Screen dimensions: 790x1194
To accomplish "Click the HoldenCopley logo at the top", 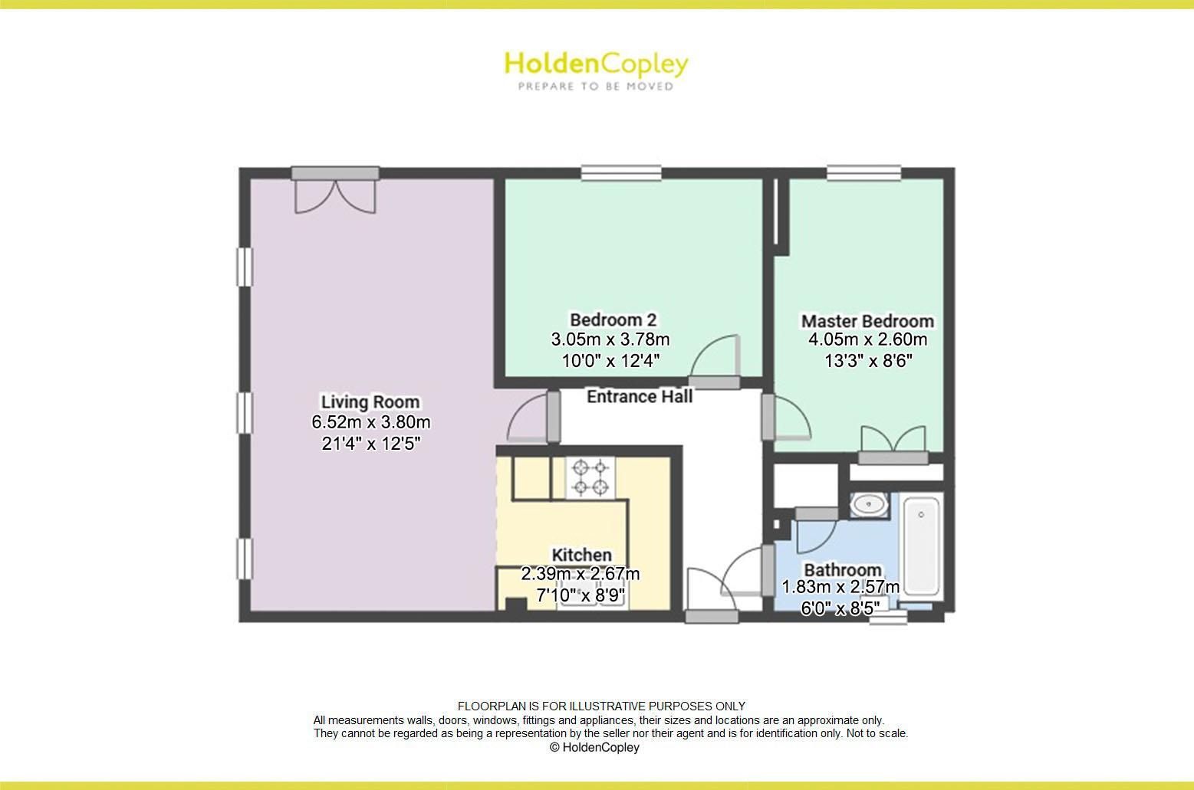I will [596, 64].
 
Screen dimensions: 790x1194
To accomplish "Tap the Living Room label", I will [370, 402].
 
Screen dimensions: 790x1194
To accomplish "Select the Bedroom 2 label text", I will [613, 320].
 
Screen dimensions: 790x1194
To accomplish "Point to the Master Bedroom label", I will [867, 321].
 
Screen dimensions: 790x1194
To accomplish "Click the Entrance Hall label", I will [640, 396].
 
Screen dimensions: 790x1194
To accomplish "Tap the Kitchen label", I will [582, 555].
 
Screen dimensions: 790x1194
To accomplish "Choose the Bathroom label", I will [842, 570].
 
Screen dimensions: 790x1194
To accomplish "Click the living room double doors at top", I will [335, 192].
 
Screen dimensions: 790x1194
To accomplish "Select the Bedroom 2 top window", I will [621, 173].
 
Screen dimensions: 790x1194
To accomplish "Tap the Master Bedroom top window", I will [863, 173].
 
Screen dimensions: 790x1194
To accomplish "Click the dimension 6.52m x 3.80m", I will [370, 422].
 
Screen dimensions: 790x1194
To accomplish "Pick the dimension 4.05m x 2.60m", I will [867, 339].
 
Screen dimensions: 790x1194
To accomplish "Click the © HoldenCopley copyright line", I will [594, 747].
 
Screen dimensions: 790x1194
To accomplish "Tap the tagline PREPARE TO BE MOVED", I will [596, 87].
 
